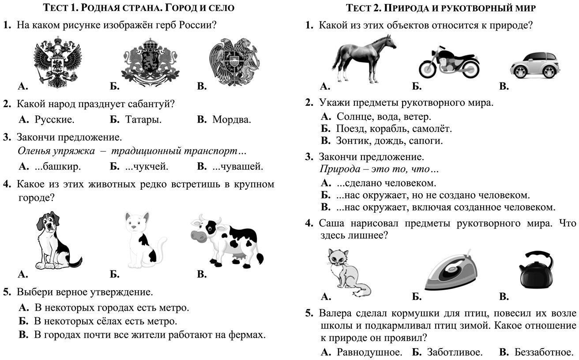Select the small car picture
(x=534, y=65)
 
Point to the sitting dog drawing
(x=55, y=241)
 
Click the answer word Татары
(x=143, y=120)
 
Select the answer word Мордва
(x=231, y=120)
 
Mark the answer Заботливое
(x=454, y=352)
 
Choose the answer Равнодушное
(x=369, y=352)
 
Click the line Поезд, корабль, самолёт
(x=394, y=129)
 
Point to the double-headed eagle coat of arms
(x=58, y=62)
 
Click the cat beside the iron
(x=346, y=272)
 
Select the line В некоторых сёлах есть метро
(x=105, y=321)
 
